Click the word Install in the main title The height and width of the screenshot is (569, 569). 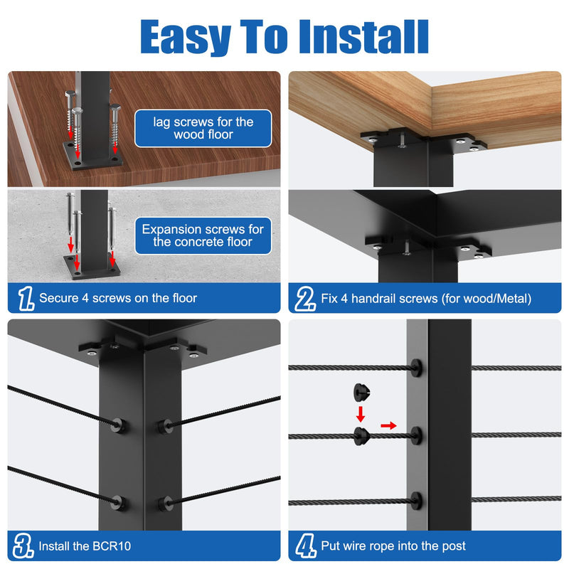coord(363,37)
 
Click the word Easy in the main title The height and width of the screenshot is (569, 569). coord(186,38)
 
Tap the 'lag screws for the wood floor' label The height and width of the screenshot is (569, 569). coord(203,128)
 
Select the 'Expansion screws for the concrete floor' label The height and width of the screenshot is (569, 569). coord(203,235)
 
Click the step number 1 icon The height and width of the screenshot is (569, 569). coord(26,298)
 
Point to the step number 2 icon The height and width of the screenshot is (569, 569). coord(305,298)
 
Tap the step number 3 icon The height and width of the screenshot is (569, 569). coord(23,546)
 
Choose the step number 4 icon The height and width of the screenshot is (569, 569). coord(306,546)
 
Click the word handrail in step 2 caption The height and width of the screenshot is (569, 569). coord(376,298)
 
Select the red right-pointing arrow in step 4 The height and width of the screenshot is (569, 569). coord(388,425)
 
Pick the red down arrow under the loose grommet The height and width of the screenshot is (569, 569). coord(361,415)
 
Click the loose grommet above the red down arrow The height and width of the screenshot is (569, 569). coord(362,393)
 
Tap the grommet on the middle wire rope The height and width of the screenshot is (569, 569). coord(362,436)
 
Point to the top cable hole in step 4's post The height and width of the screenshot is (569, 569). coord(416,368)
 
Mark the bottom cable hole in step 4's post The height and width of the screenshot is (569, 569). coord(416,501)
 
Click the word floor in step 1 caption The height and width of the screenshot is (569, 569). coord(184,298)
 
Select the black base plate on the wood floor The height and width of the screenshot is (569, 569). coord(93,155)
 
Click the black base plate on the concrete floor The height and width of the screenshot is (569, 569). coord(92,267)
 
